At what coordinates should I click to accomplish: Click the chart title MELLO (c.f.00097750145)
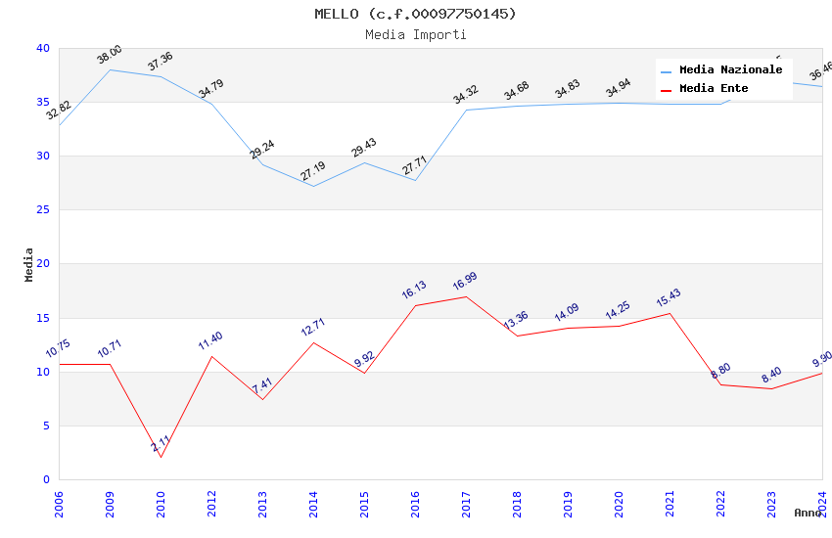415,14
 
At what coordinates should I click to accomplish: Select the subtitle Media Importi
415,34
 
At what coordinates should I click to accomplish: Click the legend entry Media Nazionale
730,69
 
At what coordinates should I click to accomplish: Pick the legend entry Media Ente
714,88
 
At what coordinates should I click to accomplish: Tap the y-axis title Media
29,264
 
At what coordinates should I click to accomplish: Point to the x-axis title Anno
808,513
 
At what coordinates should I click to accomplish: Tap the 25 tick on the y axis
42,209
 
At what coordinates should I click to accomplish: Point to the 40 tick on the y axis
42,48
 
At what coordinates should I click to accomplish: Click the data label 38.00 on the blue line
110,55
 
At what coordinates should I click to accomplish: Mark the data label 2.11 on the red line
161,443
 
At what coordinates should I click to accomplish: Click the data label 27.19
313,172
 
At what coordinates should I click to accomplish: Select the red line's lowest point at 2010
161,457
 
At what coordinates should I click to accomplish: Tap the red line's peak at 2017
466,296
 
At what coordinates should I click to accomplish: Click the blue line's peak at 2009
110,69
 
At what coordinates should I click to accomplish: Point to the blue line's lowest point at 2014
313,186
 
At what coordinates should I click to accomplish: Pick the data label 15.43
670,299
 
